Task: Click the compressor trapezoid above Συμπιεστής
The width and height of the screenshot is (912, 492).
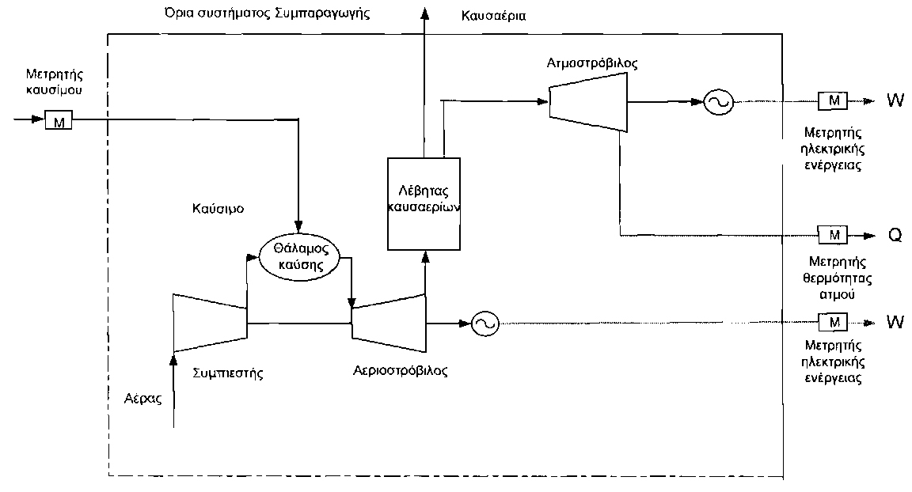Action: tap(211, 322)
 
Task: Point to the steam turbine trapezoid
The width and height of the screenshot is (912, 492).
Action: tap(588, 101)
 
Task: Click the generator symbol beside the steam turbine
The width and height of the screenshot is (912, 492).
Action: tap(717, 101)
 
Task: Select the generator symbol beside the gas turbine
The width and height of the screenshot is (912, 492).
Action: tap(483, 322)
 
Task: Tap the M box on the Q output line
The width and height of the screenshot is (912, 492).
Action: tap(832, 235)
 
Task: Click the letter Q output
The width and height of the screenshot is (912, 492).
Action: tap(895, 236)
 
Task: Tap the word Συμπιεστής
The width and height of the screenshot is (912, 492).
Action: tap(228, 370)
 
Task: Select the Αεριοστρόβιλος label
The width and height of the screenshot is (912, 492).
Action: tap(400, 370)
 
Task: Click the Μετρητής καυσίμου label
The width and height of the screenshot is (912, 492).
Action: tap(54, 82)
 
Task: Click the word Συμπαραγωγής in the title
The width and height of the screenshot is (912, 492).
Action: tap(325, 14)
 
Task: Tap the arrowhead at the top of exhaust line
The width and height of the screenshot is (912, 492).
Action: tap(425, 11)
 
